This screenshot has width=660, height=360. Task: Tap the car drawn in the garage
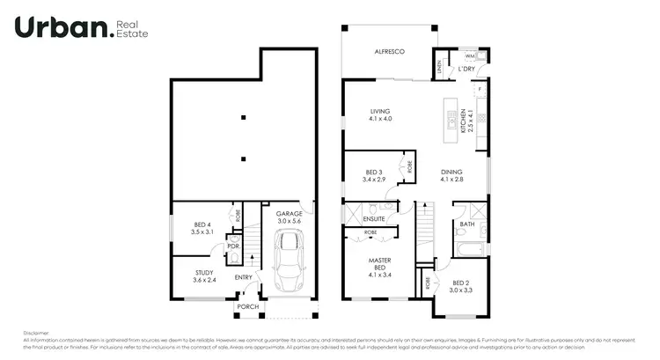tap(289, 262)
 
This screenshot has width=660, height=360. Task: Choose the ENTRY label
tap(244, 278)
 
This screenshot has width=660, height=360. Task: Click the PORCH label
tap(247, 307)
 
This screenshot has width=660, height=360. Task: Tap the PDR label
tap(233, 246)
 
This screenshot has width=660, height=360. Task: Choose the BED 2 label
tap(461, 286)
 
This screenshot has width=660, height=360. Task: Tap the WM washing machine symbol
tap(471, 55)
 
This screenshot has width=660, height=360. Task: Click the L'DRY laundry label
tap(466, 69)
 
